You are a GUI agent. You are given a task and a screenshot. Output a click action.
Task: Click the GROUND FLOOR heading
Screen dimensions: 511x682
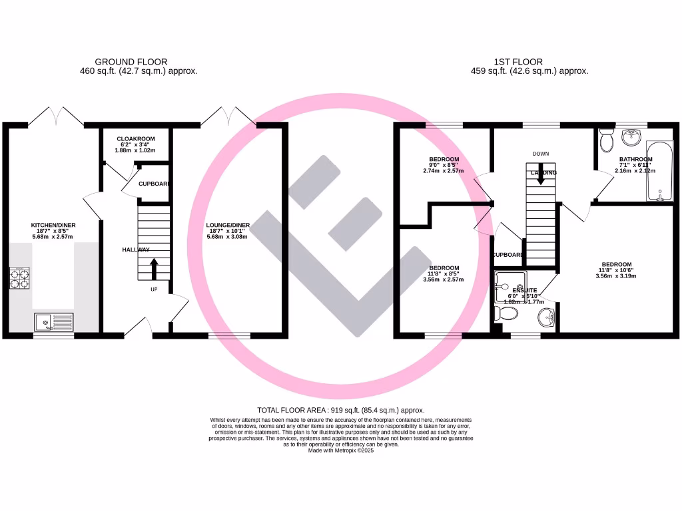131,62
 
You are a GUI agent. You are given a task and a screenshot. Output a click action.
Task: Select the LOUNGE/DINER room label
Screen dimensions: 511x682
228,225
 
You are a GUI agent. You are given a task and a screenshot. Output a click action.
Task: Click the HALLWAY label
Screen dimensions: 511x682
136,250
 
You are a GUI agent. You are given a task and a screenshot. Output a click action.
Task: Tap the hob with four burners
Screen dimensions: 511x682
19,277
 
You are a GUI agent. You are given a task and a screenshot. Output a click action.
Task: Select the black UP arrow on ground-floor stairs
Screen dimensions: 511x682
154,269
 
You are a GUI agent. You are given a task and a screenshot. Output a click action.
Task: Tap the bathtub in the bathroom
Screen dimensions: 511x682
661,171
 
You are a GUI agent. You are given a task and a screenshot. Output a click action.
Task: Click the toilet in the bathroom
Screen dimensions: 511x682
606,140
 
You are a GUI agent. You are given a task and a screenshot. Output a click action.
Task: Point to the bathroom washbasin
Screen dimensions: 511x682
630,137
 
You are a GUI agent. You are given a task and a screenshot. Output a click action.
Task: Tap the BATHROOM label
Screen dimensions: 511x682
635,159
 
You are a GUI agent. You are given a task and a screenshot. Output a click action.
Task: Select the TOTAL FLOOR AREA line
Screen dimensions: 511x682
340,411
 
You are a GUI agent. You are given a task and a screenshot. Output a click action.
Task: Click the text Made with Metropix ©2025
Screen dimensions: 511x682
340,450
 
